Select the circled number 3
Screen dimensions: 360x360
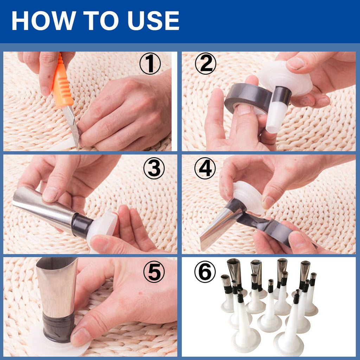pyautogui.click(x=154, y=169)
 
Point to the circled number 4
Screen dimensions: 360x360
pyautogui.click(x=205, y=169)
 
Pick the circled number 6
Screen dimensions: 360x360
pyautogui.click(x=205, y=272)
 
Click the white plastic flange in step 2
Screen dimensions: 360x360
pyautogui.click(x=285, y=79)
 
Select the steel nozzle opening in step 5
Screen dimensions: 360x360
pyautogui.click(x=56, y=262)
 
